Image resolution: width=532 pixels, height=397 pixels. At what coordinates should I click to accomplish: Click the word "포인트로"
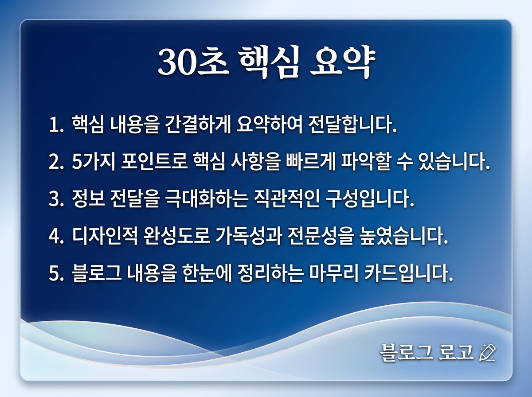click(153, 163)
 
